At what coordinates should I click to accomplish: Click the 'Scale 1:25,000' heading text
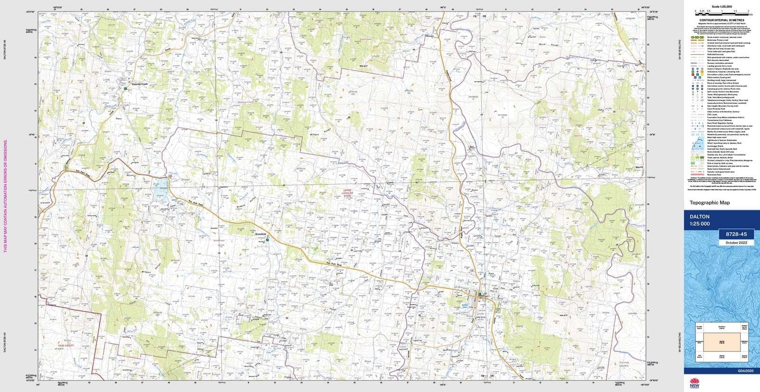pyautogui.click(x=722, y=7)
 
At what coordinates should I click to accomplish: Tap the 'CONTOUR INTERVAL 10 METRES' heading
pyautogui.click(x=722, y=20)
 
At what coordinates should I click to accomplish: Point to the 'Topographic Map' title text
pyautogui.click(x=710, y=203)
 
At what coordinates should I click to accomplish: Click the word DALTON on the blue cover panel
pyautogui.click(x=700, y=216)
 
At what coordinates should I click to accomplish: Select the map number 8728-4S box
pyautogui.click(x=736, y=234)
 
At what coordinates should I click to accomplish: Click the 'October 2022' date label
pyautogui.click(x=736, y=243)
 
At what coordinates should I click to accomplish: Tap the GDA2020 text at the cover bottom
pyautogui.click(x=745, y=371)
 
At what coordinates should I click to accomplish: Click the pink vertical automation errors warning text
pyautogui.click(x=6, y=196)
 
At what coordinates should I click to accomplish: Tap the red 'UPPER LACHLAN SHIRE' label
pyautogui.click(x=348, y=194)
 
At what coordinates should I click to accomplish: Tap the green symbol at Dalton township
pyautogui.click(x=480, y=294)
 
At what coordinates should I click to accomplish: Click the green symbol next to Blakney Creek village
pyautogui.click(x=125, y=88)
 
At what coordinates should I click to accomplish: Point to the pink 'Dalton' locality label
pyautogui.click(x=516, y=281)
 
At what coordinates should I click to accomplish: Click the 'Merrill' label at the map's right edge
pyautogui.click(x=639, y=167)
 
